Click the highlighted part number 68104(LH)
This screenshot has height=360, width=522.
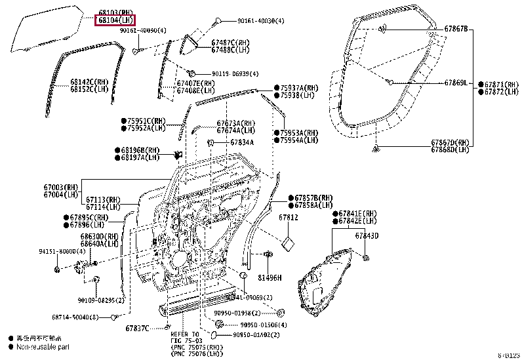click(113, 20)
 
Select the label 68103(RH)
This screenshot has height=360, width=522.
click(113, 12)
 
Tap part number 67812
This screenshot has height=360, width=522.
click(288, 217)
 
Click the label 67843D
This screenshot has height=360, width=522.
click(367, 235)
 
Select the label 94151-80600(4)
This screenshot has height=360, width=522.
click(62, 251)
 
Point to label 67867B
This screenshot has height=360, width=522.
click(456, 30)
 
